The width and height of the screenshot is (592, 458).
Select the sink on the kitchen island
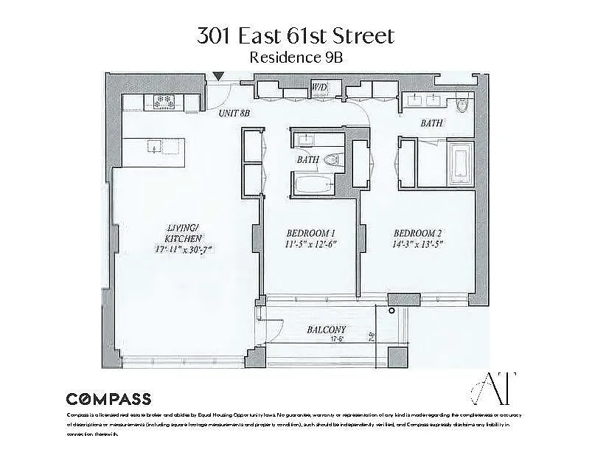click(154, 145)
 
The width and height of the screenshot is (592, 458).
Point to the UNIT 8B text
click(235, 114)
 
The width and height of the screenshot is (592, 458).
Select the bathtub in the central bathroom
click(315, 184)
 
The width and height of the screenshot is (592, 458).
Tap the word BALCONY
click(327, 330)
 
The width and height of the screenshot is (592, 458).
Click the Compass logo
click(108, 399)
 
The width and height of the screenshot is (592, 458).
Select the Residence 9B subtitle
click(296, 57)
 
